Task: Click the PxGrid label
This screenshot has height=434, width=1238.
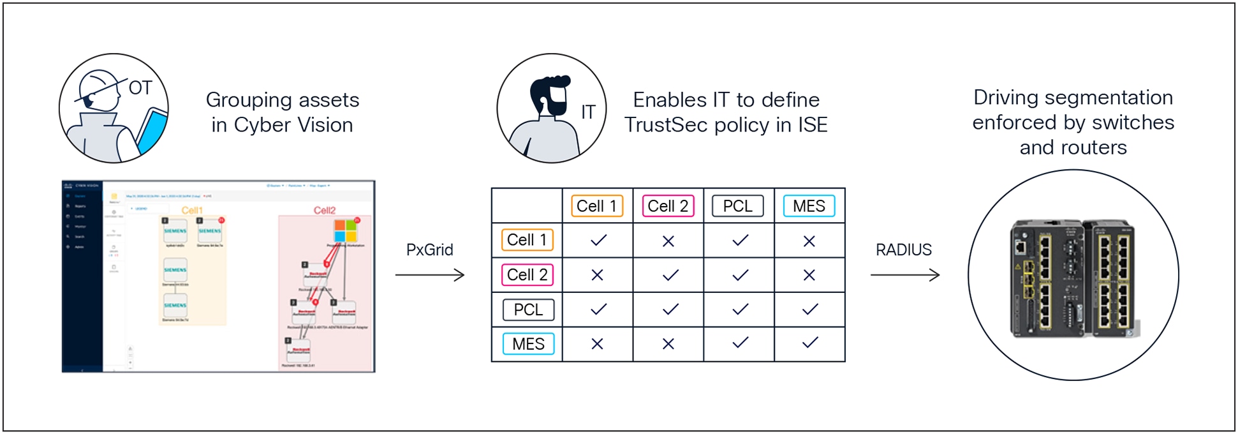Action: click(429, 250)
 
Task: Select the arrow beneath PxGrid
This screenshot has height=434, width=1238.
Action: click(429, 275)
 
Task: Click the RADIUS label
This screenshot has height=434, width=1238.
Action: click(903, 250)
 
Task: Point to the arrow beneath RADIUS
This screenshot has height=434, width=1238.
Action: click(904, 275)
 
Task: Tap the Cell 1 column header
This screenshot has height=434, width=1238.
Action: click(597, 206)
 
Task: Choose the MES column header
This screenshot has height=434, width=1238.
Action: click(809, 206)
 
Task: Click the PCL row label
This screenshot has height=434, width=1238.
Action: click(528, 310)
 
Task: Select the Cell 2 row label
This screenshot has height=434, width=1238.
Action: click(527, 275)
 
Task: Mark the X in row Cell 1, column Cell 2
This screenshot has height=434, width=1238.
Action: click(668, 241)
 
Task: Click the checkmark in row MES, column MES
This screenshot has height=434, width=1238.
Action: click(809, 343)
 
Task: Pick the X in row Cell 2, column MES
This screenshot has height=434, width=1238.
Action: click(809, 275)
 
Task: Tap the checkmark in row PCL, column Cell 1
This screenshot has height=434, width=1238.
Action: click(598, 310)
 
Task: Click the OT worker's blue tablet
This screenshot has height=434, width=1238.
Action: click(151, 132)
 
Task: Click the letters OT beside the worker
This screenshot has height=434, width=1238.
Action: click(140, 88)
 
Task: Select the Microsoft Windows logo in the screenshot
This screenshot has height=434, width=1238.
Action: click(346, 230)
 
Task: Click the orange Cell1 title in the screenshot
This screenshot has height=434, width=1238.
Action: click(192, 211)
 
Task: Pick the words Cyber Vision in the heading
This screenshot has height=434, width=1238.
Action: click(293, 125)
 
